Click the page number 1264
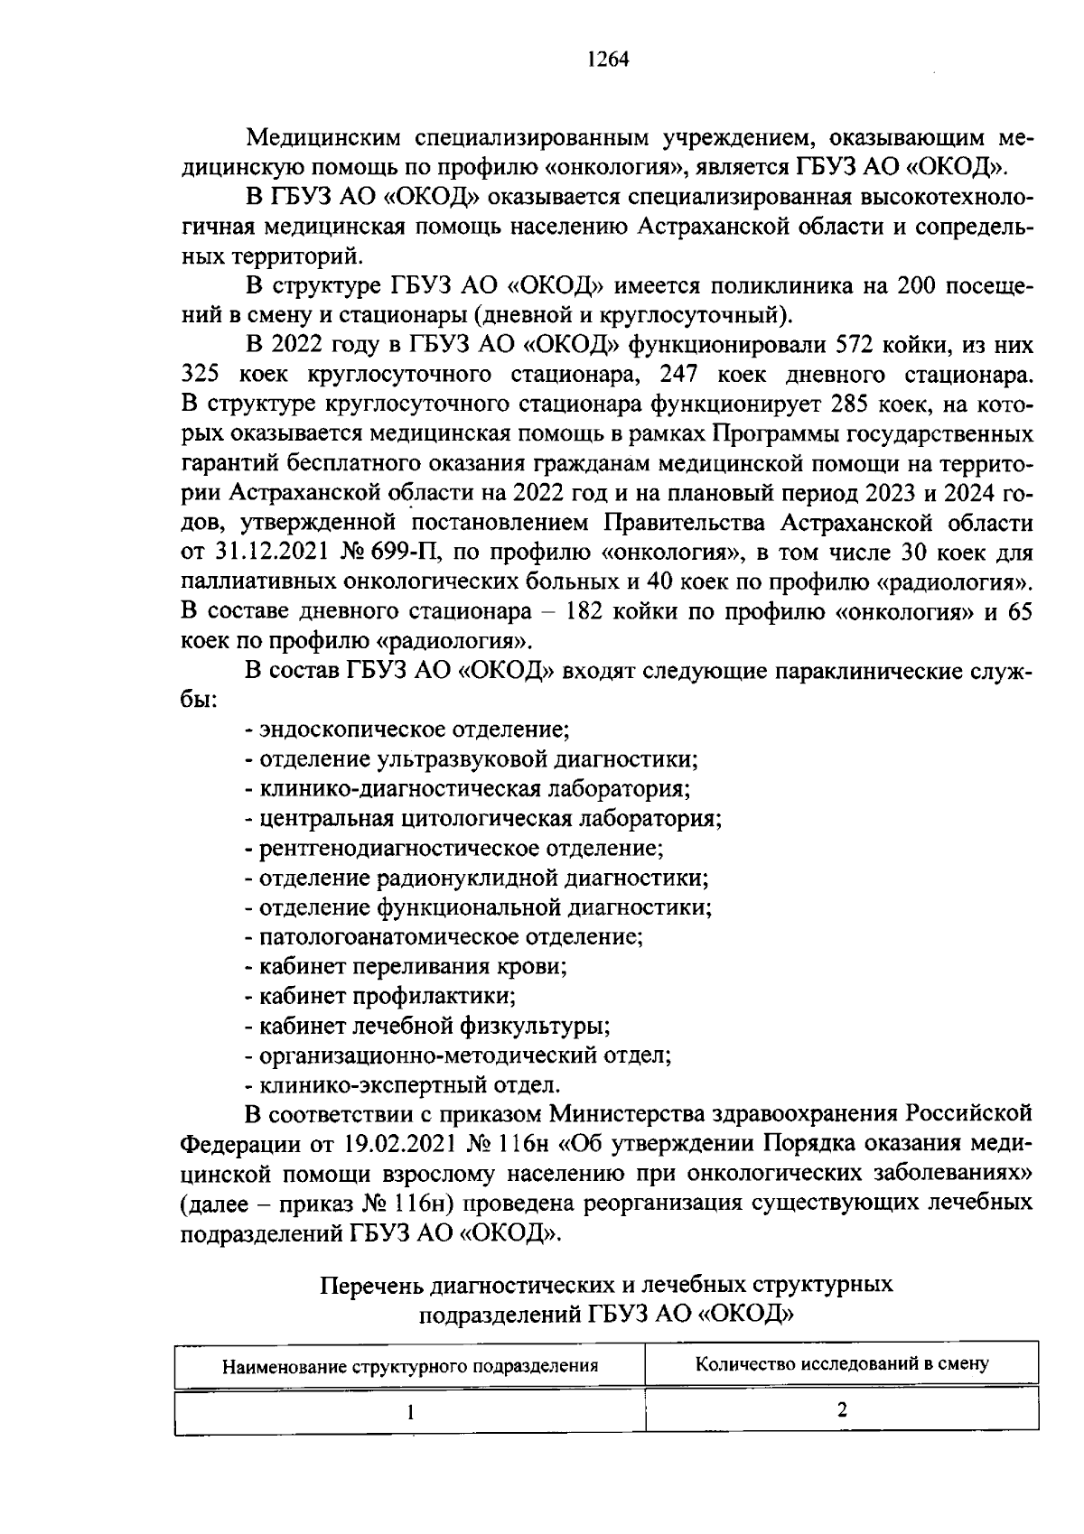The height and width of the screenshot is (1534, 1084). pos(606,60)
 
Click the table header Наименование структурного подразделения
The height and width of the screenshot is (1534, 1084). pos(411,1366)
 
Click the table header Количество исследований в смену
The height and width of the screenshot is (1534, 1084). pos(841,1363)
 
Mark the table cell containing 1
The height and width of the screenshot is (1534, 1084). pos(411,1412)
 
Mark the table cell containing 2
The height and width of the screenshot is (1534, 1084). pos(841,1410)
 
